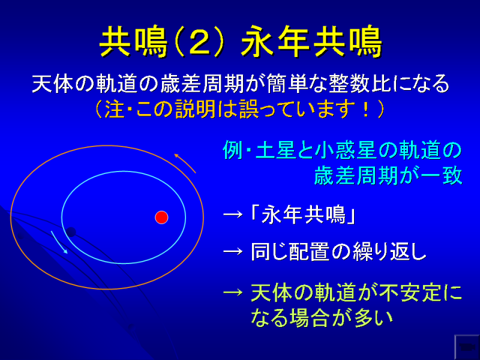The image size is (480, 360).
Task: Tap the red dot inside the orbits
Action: coord(161,217)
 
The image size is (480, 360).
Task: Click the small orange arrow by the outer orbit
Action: coord(185,163)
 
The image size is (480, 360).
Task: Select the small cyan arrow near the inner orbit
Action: coord(59,242)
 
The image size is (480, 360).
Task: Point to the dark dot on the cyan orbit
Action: coord(71,232)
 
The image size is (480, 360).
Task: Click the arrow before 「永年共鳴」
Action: coord(233,215)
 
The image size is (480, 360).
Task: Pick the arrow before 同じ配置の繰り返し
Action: coord(233,252)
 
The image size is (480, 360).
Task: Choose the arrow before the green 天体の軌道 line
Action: coord(233,292)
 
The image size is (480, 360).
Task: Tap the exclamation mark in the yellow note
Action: coord(366,109)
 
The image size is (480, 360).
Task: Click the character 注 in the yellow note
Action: coord(115,109)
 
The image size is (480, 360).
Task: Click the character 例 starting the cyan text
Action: coord(233,150)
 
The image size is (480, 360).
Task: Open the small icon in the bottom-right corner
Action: coord(466,347)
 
